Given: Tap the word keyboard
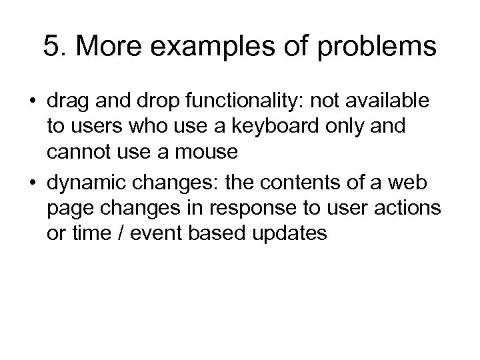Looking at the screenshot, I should [296, 127].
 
